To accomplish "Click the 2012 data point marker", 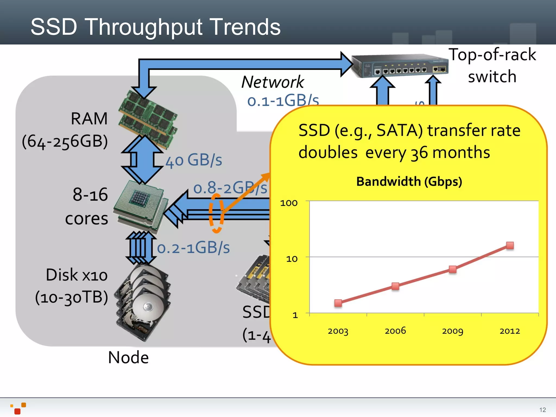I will (x=510, y=245).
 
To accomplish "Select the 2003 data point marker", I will (x=338, y=303).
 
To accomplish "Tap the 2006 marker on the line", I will (x=396, y=286).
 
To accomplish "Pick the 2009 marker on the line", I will (x=453, y=269).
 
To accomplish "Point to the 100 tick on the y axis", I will (x=289, y=203).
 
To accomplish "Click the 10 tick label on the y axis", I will (x=292, y=259).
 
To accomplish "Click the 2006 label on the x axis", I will (x=395, y=331).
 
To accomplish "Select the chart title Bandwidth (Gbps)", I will (x=409, y=181).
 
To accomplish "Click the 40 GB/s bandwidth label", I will (x=194, y=160).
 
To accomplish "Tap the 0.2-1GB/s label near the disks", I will (x=193, y=248).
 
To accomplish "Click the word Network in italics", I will (x=273, y=82).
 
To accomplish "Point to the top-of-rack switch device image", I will (x=399, y=66).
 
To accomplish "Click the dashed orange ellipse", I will (x=216, y=213).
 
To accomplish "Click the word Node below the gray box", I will (x=128, y=357).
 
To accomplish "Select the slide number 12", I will (x=542, y=410).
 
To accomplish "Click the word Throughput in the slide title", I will (x=144, y=27).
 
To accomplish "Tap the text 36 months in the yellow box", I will (x=450, y=153).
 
